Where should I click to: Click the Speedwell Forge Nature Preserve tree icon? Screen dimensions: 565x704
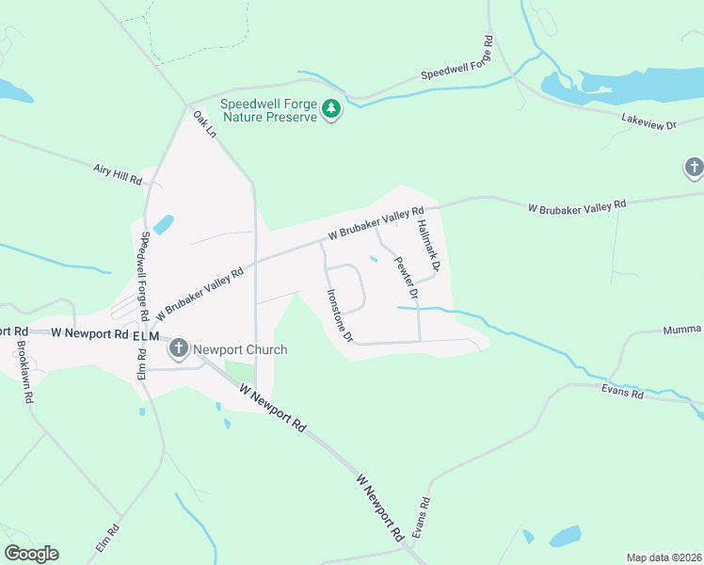point(330,109)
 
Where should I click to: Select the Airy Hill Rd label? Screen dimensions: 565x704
point(117,173)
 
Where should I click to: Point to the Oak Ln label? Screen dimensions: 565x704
point(205,124)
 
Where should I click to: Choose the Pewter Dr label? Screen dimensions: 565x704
point(406,272)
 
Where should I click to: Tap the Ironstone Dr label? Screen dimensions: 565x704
point(339,315)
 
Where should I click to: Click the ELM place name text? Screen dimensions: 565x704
point(147,335)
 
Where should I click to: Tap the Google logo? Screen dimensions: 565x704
point(31,554)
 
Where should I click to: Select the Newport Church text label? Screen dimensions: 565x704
point(240,349)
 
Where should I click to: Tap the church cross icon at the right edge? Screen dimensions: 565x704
point(694,169)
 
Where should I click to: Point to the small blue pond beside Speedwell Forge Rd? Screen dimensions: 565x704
point(163,224)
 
